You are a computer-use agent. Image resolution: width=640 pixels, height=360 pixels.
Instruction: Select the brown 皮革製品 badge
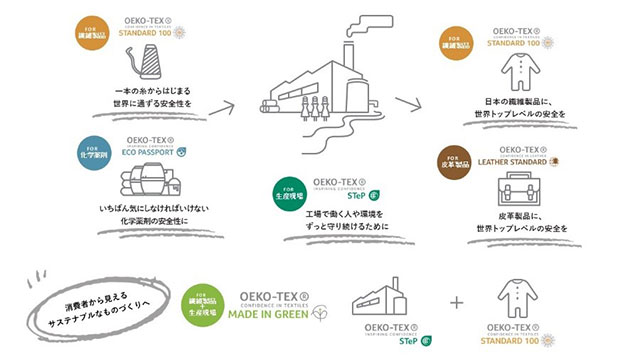[451, 160]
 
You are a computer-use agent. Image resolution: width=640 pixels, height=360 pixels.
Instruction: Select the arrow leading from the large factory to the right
[407, 101]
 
